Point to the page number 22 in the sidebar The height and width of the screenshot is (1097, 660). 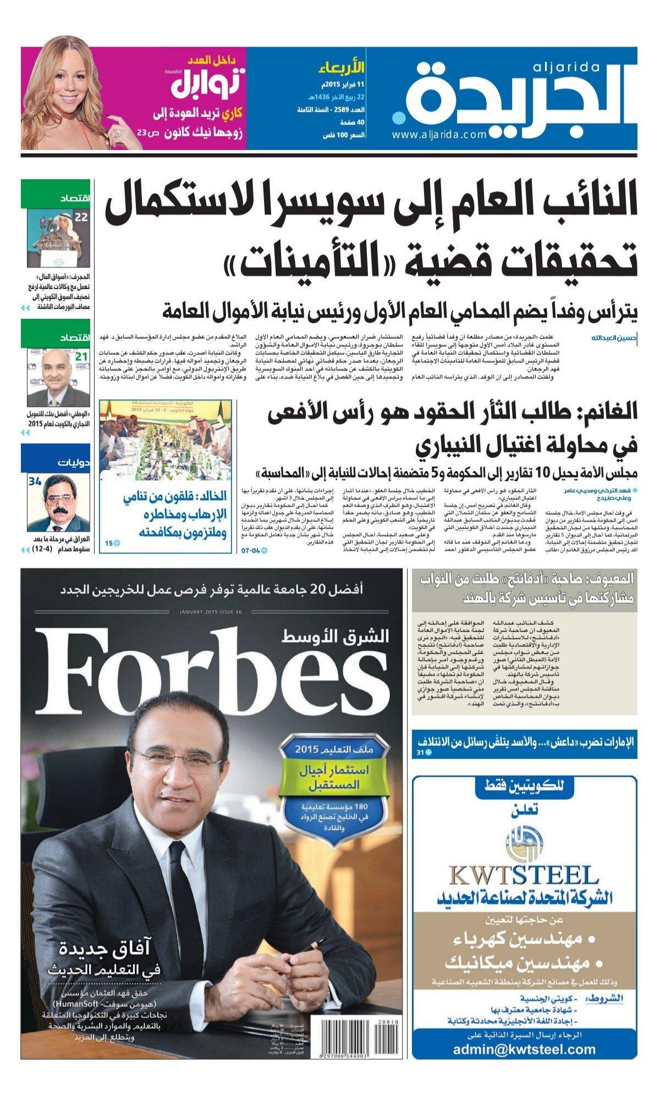pos(81,217)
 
